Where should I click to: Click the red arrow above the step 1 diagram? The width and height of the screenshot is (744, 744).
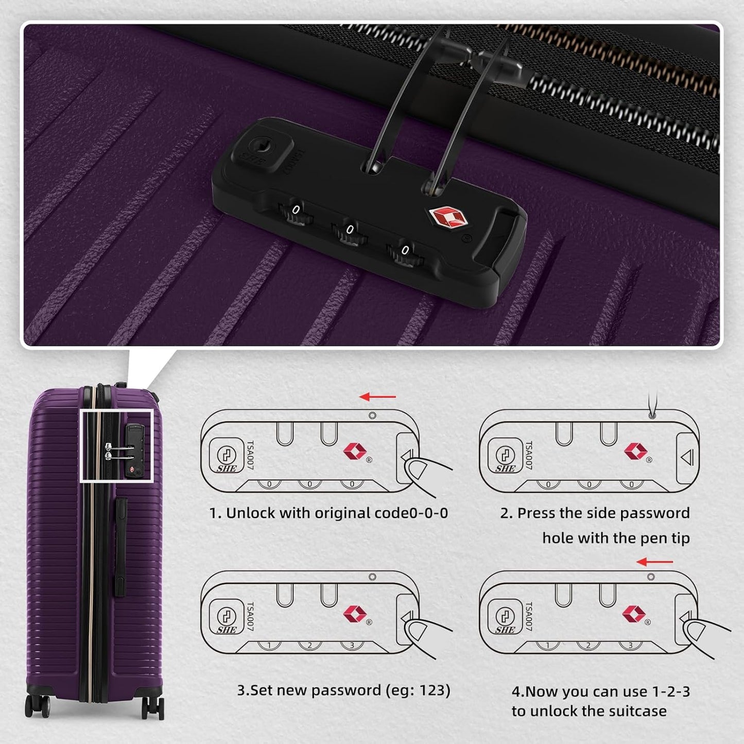click(377, 397)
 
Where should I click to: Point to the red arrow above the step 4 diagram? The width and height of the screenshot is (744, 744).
click(654, 562)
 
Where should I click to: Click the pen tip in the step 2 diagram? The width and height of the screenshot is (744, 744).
click(652, 414)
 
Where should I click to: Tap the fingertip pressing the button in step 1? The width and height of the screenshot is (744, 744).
click(417, 470)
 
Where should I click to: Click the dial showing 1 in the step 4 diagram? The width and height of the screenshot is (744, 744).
click(548, 646)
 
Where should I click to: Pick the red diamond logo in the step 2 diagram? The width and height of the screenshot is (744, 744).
click(635, 451)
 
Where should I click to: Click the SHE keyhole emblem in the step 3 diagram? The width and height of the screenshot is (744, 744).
click(227, 617)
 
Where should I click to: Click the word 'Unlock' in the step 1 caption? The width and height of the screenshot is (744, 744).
click(251, 513)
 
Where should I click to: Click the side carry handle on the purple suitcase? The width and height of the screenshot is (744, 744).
click(121, 545)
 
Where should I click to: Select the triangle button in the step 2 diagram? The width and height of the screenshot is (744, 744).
click(687, 457)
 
